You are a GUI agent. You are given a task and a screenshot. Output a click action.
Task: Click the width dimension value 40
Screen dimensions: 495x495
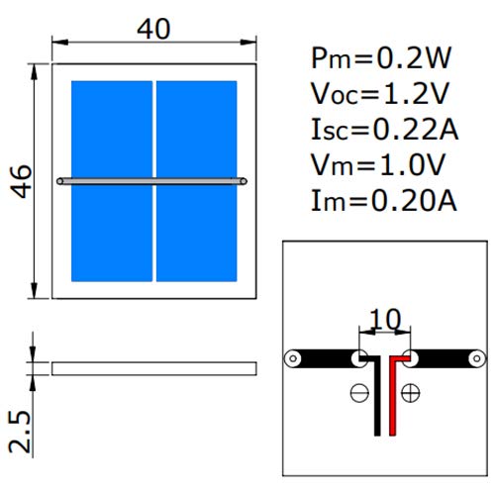point(153,29)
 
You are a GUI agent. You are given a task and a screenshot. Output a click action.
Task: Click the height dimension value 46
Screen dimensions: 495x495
point(21,181)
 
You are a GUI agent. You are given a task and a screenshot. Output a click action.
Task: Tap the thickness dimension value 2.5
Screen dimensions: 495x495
point(20,432)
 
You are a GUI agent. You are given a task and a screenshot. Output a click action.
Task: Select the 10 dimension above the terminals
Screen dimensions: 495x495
point(385,319)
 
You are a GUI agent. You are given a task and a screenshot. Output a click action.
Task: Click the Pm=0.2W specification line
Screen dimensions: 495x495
point(381,58)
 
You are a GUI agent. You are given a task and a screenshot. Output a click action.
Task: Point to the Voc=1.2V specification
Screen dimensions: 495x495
point(380,94)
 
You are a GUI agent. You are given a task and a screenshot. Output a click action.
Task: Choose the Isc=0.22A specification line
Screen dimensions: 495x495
point(385,130)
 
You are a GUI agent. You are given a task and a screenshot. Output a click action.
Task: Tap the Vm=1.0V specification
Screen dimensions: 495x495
point(378,164)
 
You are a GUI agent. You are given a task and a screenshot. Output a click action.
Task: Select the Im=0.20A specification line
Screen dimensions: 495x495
point(384,200)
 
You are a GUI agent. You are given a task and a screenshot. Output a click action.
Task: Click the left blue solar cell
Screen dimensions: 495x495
point(112,181)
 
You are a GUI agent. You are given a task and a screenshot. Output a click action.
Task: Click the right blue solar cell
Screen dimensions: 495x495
point(197,181)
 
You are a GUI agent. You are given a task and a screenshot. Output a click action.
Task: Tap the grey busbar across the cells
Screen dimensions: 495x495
point(151,181)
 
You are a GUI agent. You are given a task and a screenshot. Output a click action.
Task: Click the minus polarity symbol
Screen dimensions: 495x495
point(359,393)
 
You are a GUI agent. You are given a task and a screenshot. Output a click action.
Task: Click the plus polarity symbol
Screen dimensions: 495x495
point(410,393)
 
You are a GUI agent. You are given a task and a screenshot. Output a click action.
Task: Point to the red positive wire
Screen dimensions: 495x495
point(392,396)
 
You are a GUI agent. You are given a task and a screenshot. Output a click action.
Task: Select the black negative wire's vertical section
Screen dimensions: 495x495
point(377,398)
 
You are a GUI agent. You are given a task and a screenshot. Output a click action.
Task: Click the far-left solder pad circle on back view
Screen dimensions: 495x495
point(293,358)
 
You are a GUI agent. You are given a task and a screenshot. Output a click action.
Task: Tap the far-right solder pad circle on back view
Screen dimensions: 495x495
point(477,358)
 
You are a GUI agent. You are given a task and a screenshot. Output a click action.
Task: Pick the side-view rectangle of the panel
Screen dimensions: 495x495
point(154,368)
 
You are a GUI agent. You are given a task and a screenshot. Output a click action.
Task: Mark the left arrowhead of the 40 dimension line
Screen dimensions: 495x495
point(60,43)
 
